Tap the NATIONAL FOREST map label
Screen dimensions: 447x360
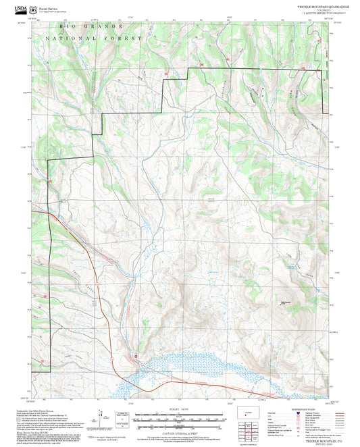(94, 38)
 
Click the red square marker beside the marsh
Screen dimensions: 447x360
(136, 355)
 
